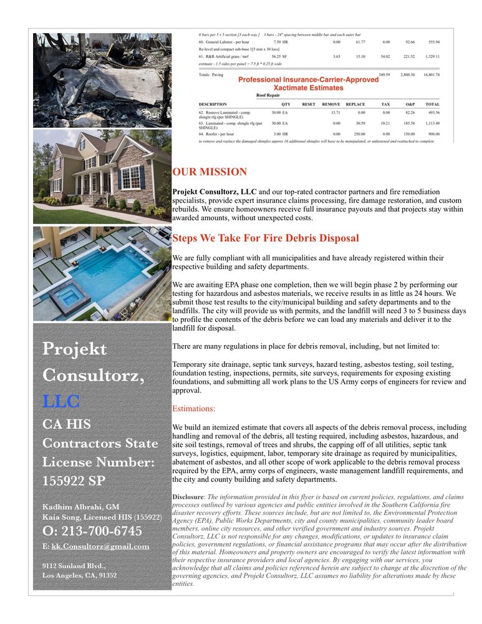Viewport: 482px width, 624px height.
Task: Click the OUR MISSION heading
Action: coord(210,172)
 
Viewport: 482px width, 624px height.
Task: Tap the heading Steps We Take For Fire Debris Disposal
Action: coord(265,238)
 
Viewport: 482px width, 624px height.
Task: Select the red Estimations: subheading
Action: coord(193,409)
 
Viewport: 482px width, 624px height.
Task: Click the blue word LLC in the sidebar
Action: coord(61,401)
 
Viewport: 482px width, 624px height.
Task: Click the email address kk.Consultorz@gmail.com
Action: coord(100,546)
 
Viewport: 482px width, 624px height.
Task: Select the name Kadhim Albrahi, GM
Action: coord(80,507)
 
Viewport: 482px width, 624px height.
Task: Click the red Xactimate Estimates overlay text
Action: coord(308,89)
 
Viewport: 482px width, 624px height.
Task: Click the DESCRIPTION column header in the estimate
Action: coord(213,104)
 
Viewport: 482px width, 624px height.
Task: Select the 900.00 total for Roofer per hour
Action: coord(433,134)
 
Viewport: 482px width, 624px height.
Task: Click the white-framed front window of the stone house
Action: coord(130,177)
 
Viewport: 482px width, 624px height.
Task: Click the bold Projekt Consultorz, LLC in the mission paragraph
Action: coord(214,192)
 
